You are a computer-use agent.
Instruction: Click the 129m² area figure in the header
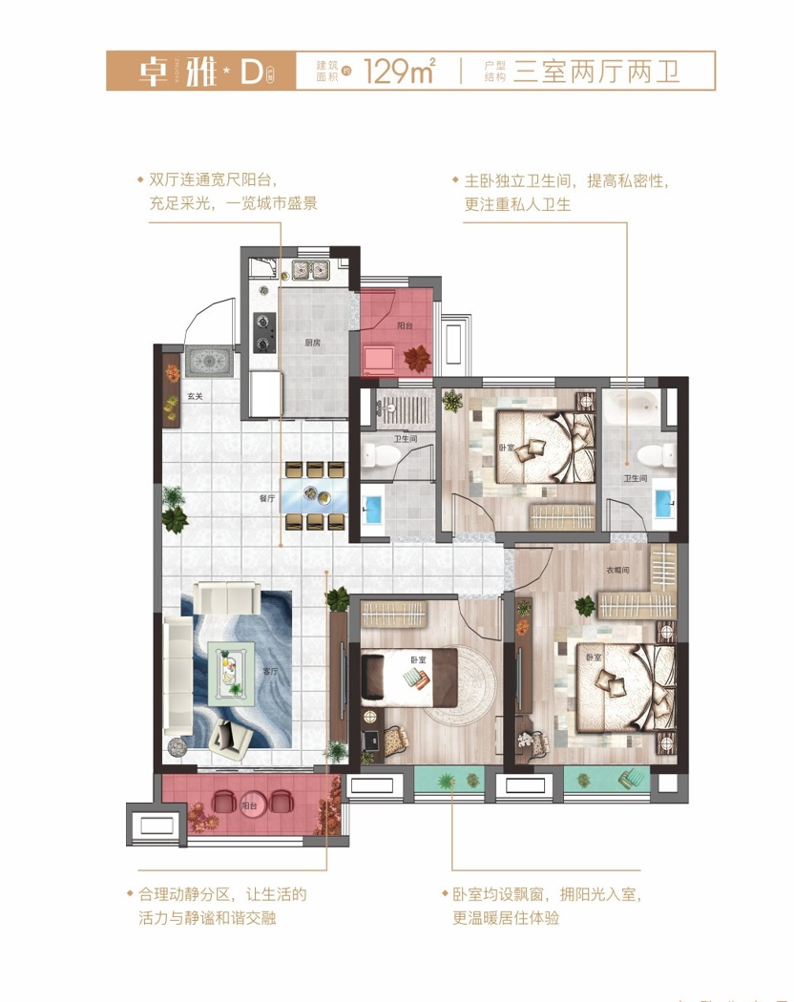(x=400, y=72)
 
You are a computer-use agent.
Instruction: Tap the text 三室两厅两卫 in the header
(x=596, y=72)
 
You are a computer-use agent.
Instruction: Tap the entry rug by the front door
(x=208, y=361)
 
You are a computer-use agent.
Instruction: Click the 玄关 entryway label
(x=195, y=396)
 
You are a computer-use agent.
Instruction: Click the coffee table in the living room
(x=232, y=669)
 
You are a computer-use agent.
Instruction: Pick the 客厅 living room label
(x=269, y=671)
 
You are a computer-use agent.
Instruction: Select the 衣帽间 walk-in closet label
(x=617, y=571)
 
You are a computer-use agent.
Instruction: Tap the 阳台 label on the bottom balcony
(x=250, y=805)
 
